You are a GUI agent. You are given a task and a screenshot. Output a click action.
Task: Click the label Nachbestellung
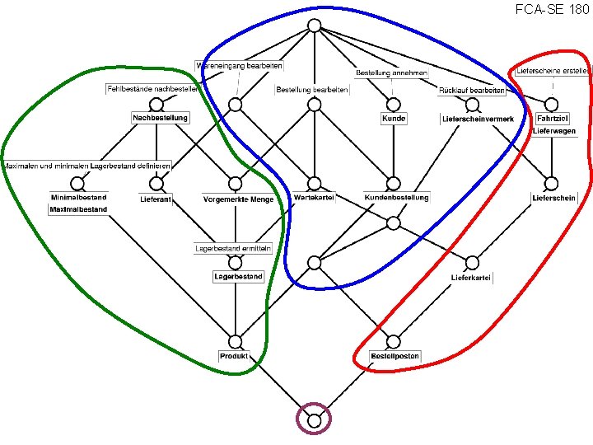pyautogui.click(x=161, y=118)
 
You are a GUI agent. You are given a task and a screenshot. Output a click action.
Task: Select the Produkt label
pyautogui.click(x=235, y=356)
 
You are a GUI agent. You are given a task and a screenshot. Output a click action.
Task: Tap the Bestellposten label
pyautogui.click(x=395, y=356)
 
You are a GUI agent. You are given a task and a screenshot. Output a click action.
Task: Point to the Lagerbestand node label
pyautogui.click(x=238, y=277)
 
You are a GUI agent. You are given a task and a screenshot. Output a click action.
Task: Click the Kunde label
pyautogui.click(x=394, y=119)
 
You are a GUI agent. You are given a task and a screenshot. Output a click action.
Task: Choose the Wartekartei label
pyautogui.click(x=314, y=198)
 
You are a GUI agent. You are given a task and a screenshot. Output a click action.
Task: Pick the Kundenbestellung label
pyautogui.click(x=397, y=198)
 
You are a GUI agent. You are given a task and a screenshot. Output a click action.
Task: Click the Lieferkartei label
pyautogui.click(x=471, y=278)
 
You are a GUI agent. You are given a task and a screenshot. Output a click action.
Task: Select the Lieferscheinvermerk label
pyautogui.click(x=479, y=119)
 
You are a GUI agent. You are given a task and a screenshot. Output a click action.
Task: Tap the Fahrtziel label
pyautogui.click(x=553, y=119)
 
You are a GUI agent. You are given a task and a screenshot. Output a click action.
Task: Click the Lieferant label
pyautogui.click(x=155, y=199)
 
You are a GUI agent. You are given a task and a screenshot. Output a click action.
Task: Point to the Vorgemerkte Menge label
pyautogui.click(x=238, y=199)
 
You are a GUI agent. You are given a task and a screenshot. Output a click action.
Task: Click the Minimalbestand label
pyautogui.click(x=78, y=198)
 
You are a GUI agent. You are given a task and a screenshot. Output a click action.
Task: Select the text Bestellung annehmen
pyautogui.click(x=391, y=73)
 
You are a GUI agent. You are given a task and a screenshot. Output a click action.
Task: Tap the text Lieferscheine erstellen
pyautogui.click(x=553, y=71)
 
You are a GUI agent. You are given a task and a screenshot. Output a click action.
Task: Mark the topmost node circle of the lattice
pyautogui.click(x=314, y=25)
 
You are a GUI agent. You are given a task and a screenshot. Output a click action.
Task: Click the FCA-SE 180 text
pyautogui.click(x=552, y=9)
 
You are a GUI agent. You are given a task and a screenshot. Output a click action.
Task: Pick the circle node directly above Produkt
pyautogui.click(x=235, y=341)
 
